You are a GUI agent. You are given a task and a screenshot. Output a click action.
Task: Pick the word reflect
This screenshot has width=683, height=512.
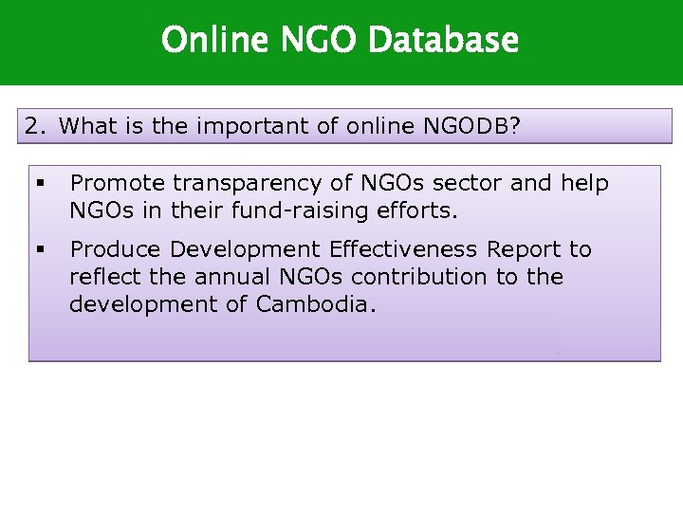101,277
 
